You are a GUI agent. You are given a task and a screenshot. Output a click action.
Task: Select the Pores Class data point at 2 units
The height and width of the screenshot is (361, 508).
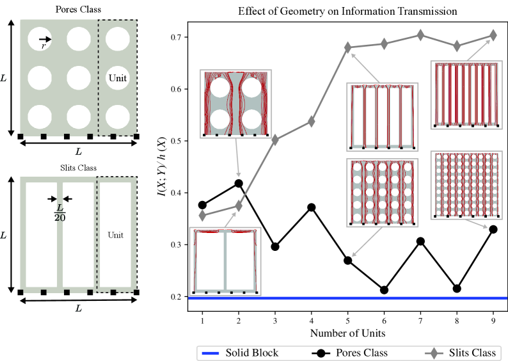click(x=239, y=183)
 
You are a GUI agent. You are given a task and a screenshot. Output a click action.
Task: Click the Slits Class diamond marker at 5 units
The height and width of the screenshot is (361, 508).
click(x=348, y=47)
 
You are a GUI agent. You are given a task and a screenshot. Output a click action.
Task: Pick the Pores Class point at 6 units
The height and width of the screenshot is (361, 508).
click(x=385, y=290)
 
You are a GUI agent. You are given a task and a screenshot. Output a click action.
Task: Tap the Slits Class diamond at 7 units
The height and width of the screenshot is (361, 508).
click(x=420, y=35)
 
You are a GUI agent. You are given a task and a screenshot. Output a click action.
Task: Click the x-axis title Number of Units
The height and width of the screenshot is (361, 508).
click(x=348, y=333)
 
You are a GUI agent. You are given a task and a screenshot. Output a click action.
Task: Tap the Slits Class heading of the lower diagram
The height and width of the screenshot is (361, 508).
click(x=76, y=168)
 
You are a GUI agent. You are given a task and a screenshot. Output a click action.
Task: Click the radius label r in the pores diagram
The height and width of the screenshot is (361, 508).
click(x=42, y=47)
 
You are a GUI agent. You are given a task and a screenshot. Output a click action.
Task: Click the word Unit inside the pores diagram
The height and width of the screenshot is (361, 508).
click(x=117, y=78)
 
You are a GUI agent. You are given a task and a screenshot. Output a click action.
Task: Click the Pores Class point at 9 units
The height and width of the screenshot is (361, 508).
click(x=493, y=229)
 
